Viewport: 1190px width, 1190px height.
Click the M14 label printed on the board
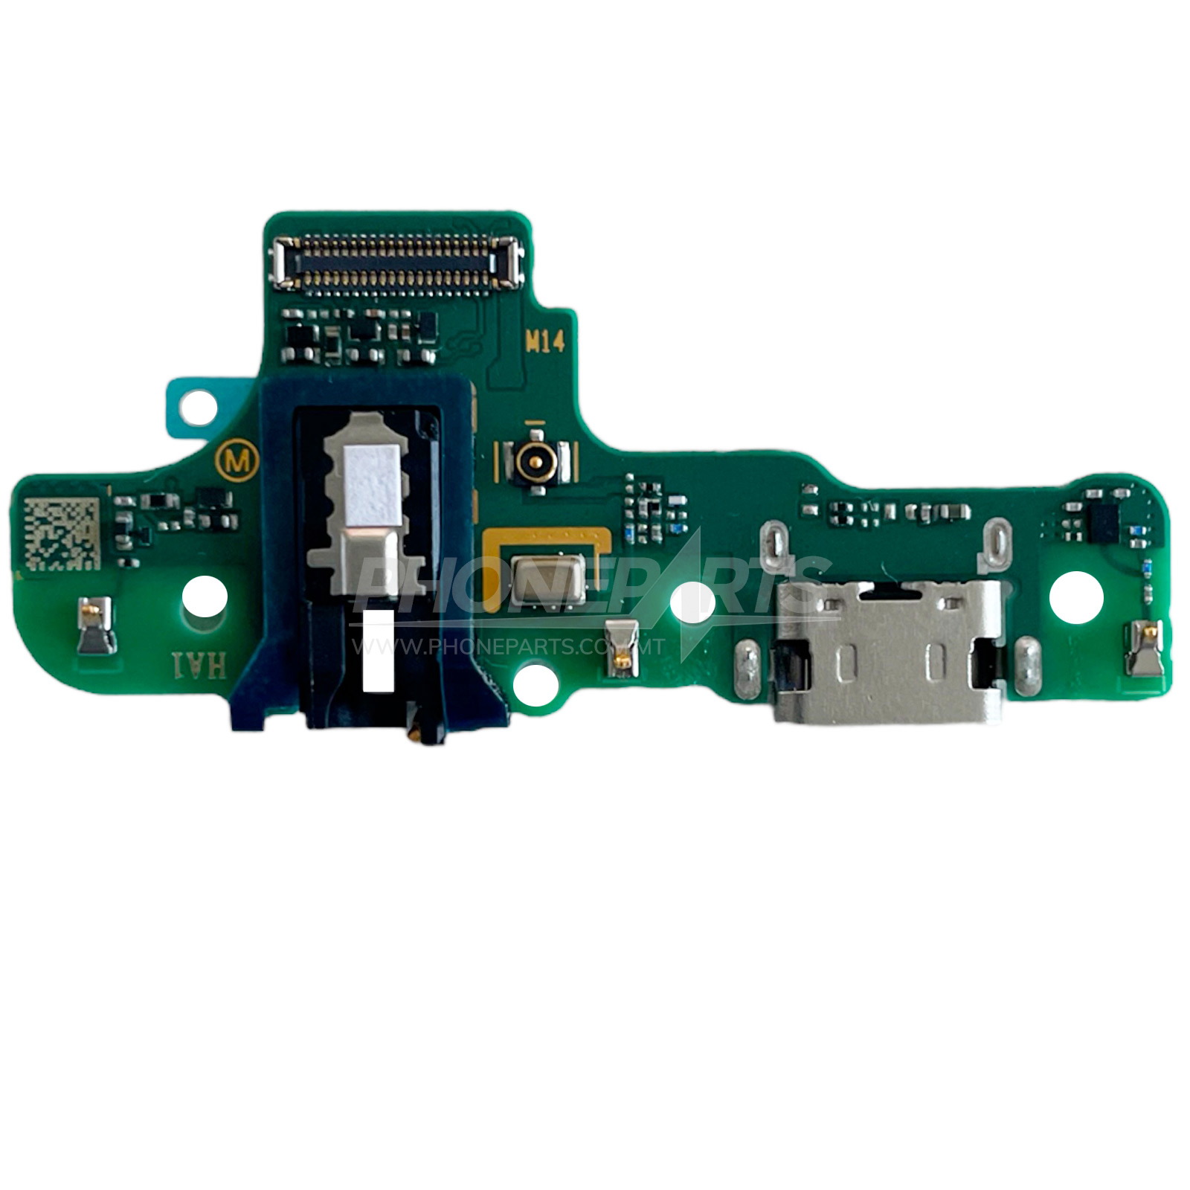pyautogui.click(x=545, y=341)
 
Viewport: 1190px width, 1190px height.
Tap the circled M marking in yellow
pyautogui.click(x=237, y=461)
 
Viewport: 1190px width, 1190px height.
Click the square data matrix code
pyautogui.click(x=61, y=533)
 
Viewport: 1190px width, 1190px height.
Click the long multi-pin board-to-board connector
pyautogui.click(x=396, y=262)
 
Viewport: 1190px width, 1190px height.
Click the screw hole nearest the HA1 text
pyautogui.click(x=205, y=594)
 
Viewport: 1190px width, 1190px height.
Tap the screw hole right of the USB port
pyautogui.click(x=1075, y=596)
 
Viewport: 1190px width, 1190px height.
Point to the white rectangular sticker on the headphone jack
pyautogui.click(x=378, y=649)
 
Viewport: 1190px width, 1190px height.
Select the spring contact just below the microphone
pyautogui.click(x=621, y=648)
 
